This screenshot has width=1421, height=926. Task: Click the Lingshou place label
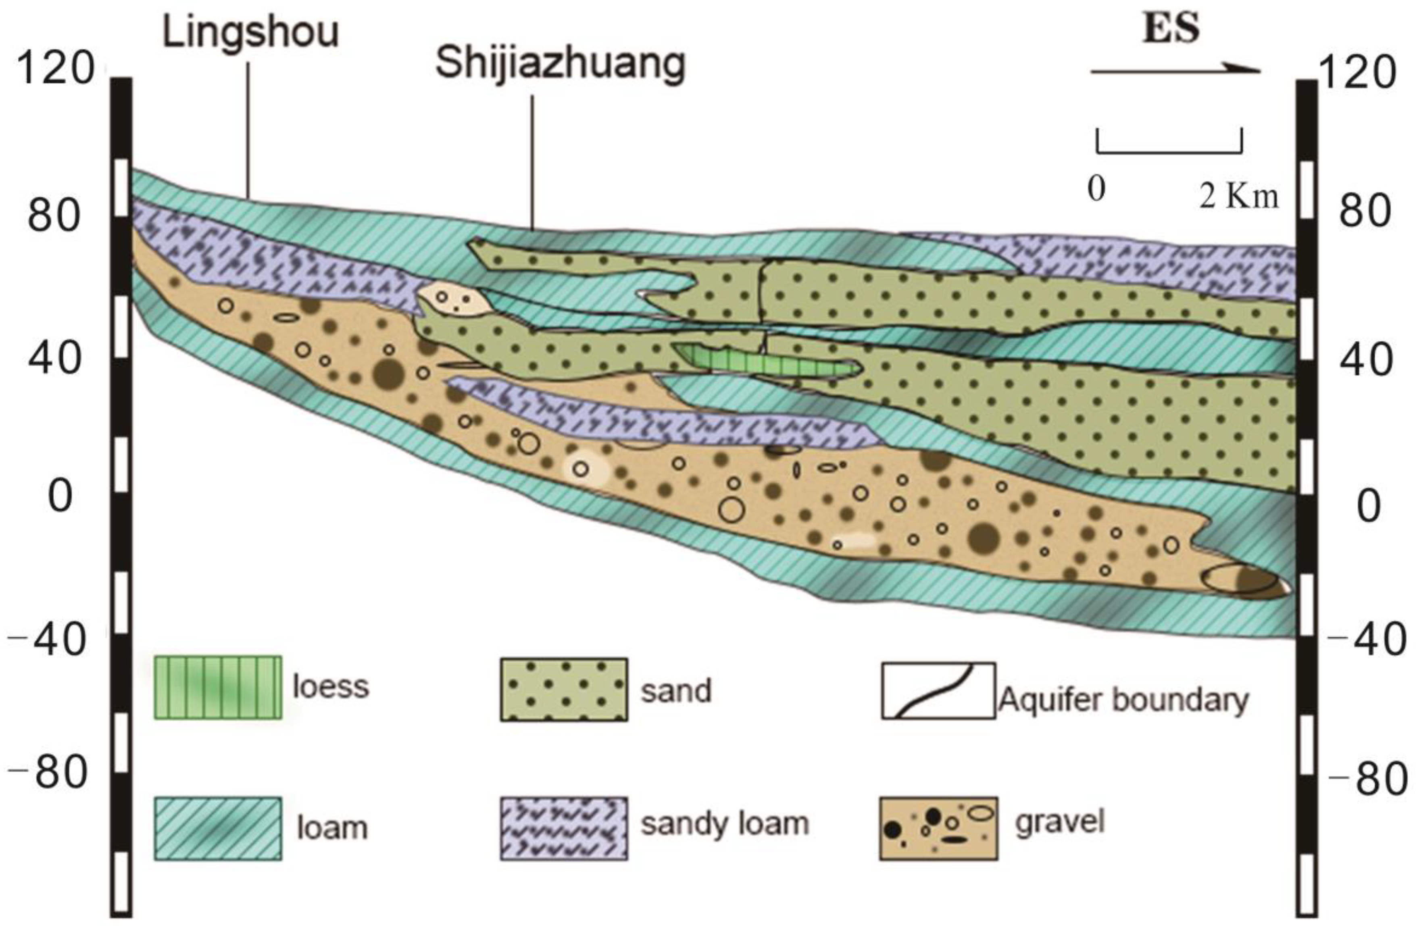click(251, 33)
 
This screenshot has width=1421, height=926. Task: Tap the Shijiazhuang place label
click(560, 65)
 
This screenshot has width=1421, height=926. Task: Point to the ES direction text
click(1170, 28)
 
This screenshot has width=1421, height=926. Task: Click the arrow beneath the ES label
click(1175, 72)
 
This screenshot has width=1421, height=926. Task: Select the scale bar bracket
click(1169, 143)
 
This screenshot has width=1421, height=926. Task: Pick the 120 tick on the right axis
click(1356, 73)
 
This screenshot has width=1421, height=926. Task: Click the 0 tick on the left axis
click(60, 496)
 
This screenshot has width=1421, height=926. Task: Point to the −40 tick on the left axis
click(48, 640)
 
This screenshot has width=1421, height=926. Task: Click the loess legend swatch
click(218, 688)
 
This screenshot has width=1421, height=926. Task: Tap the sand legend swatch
click(564, 690)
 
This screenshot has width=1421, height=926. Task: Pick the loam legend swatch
click(218, 829)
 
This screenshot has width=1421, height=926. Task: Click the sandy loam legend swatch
click(564, 829)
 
